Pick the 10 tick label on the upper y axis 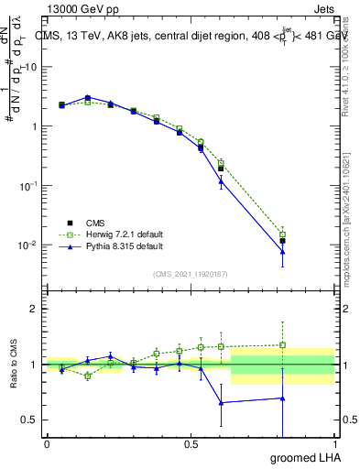coord(30,67)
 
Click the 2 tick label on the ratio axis coord(34,309)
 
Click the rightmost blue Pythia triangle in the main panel coord(282,252)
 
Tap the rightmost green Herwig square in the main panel coord(282,235)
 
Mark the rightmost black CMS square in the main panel coord(282,241)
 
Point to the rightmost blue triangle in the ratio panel coord(282,398)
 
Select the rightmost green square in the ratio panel coord(282,345)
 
